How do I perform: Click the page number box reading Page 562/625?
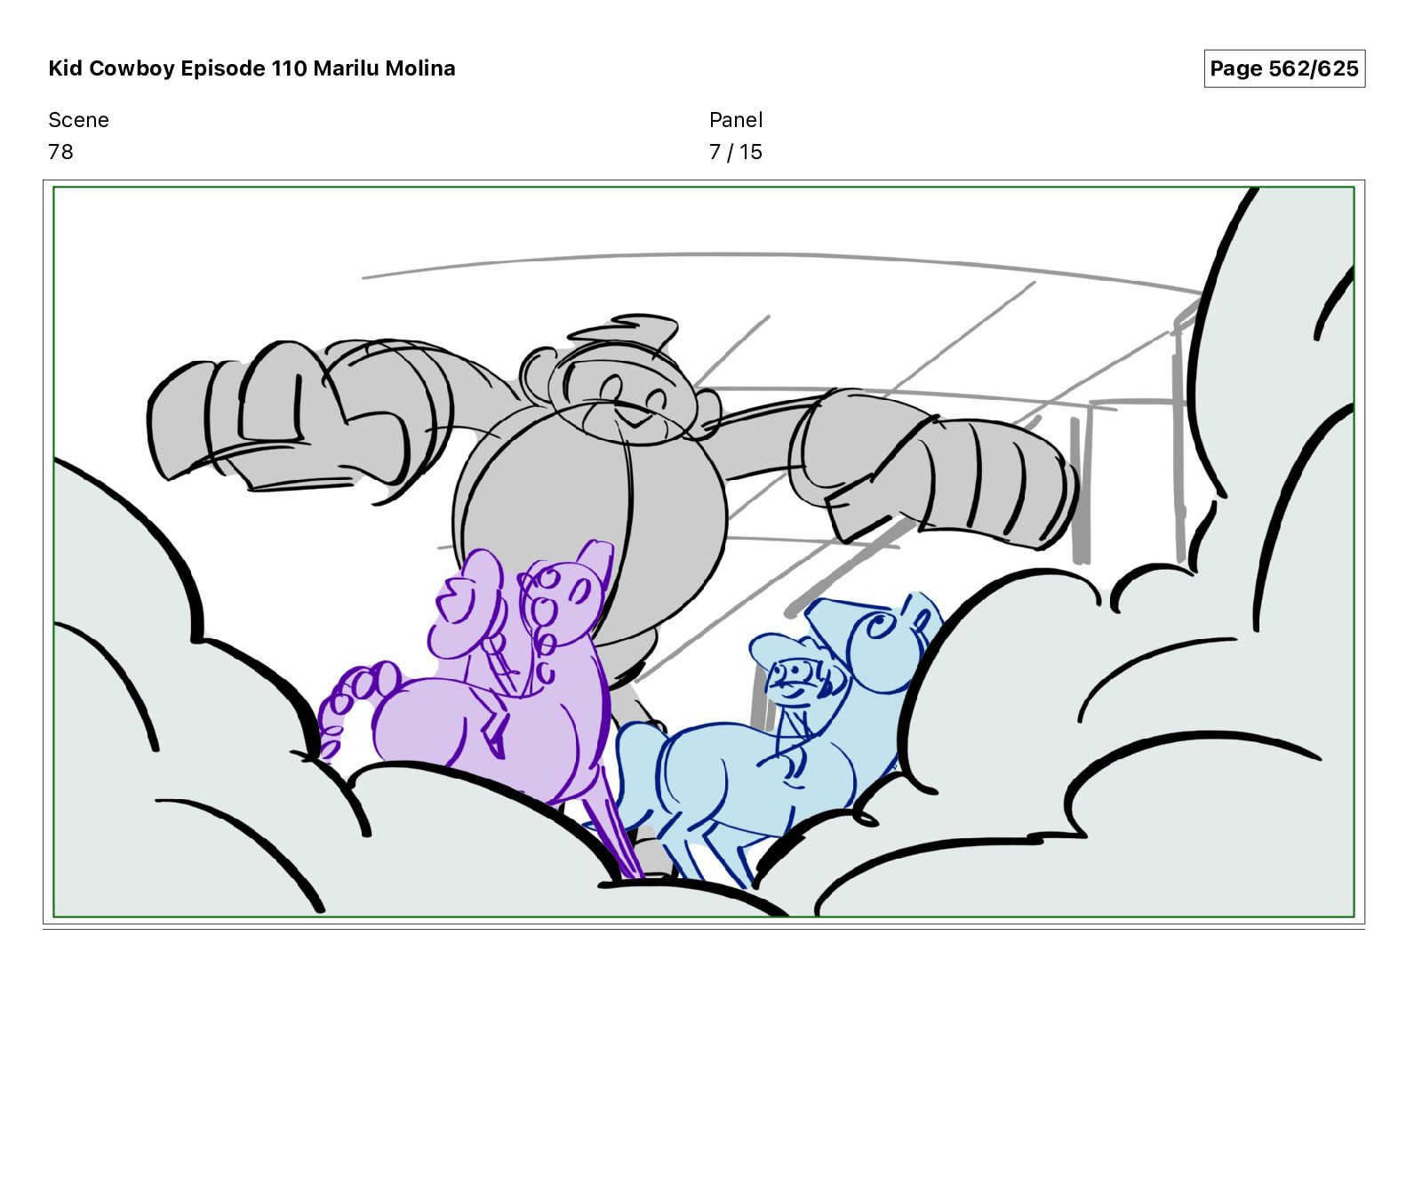pos(1284,68)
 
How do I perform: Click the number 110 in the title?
pos(289,68)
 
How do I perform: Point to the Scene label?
pos(78,120)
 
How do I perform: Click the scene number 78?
pos(60,152)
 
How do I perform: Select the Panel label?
pos(736,120)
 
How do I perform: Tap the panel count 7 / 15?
pos(736,152)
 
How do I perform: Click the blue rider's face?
pos(794,680)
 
